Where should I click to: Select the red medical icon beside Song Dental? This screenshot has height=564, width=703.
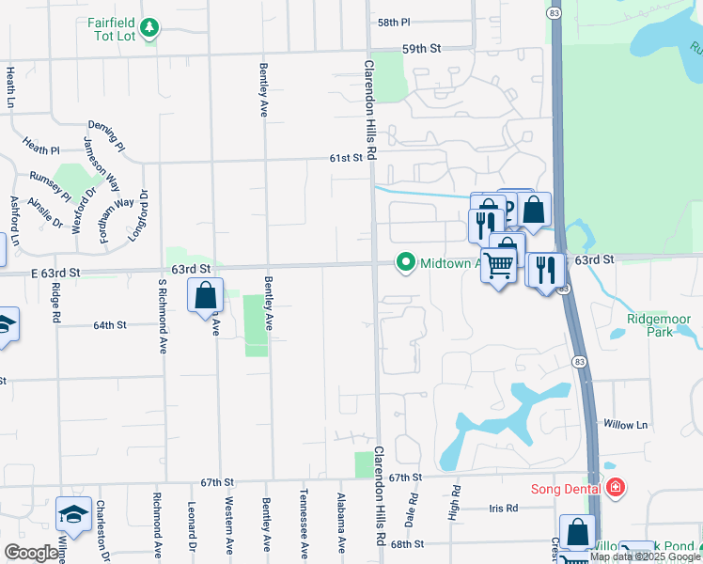tap(615, 487)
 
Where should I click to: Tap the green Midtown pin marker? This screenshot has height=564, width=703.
tap(406, 262)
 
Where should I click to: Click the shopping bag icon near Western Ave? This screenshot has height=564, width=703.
tap(206, 297)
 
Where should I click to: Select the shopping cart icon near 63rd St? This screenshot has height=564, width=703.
tap(498, 267)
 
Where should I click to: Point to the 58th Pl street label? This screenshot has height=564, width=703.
tap(394, 22)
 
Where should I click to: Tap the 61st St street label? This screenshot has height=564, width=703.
tap(346, 159)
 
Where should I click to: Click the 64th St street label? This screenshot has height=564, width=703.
tap(110, 325)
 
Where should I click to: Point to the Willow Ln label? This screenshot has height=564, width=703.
tap(626, 425)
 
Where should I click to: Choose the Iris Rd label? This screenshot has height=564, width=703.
tap(504, 509)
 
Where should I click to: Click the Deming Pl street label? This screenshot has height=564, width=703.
tap(106, 136)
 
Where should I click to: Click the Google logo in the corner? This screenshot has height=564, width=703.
tap(31, 553)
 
